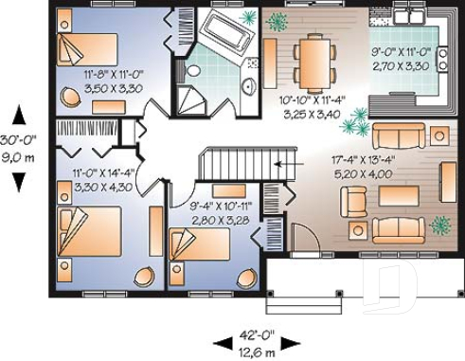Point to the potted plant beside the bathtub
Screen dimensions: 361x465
(x=249, y=17)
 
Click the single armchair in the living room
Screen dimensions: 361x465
(x=354, y=200)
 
